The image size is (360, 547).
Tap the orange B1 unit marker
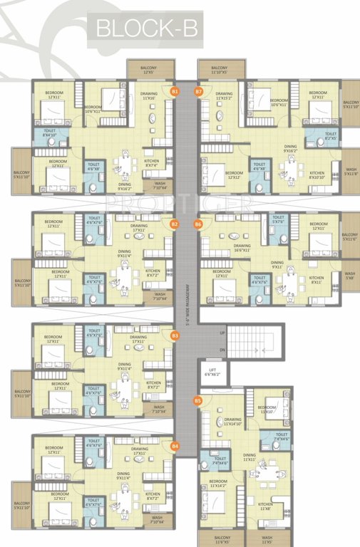(x=175, y=91)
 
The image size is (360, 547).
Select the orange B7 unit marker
(x=199, y=91)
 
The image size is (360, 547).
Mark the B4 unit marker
(x=175, y=446)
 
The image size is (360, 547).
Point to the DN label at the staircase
(x=222, y=350)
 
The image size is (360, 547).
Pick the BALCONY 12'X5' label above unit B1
(x=148, y=70)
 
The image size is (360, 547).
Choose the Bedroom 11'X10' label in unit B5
(x=267, y=410)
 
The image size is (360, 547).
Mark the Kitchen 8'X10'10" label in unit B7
(x=317, y=175)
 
